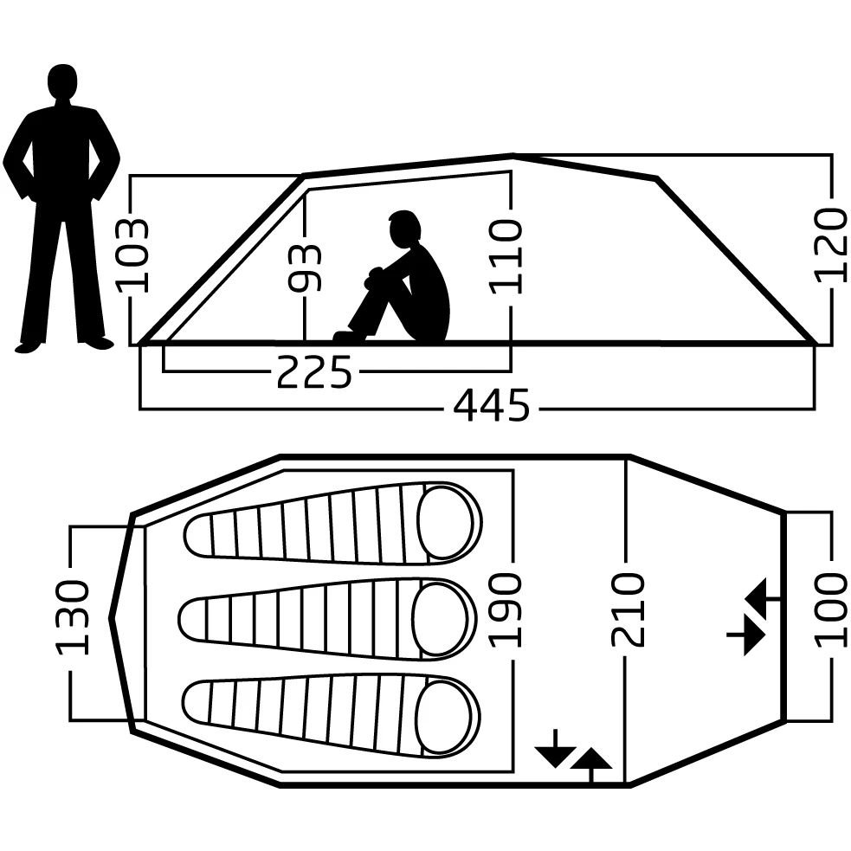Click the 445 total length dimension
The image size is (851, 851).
(491, 406)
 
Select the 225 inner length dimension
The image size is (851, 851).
(314, 373)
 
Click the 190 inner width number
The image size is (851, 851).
(508, 609)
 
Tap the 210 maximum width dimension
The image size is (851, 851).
(628, 609)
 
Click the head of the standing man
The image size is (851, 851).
(61, 83)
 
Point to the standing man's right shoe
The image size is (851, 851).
(97, 342)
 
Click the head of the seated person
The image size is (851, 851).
(404, 229)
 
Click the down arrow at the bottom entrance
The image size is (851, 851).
(554, 751)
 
